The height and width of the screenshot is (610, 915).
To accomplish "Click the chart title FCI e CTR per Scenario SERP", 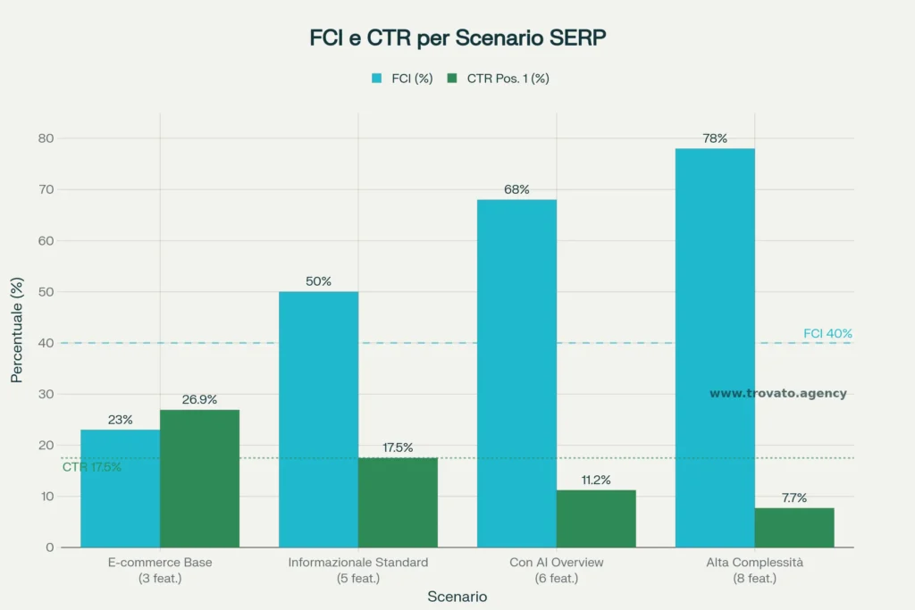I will pyautogui.click(x=457, y=38).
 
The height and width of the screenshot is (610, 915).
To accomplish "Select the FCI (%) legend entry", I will pyautogui.click(x=402, y=79).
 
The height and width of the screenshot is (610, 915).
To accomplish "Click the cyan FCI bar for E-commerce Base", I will pyautogui.click(x=120, y=489).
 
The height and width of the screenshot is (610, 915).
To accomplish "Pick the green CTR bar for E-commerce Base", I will pyautogui.click(x=199, y=479).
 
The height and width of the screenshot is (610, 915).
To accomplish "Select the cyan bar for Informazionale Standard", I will pyautogui.click(x=318, y=420).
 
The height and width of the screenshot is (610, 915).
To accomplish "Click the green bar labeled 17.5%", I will pyautogui.click(x=398, y=503).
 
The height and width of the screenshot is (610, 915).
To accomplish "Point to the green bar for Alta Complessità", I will pyautogui.click(x=794, y=528).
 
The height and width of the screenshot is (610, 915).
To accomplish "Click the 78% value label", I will pyautogui.click(x=715, y=138).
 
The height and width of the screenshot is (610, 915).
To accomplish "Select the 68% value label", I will pyautogui.click(x=516, y=189).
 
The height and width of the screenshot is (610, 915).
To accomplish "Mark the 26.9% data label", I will pyautogui.click(x=199, y=399).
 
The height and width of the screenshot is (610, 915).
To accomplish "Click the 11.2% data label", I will pyautogui.click(x=596, y=480).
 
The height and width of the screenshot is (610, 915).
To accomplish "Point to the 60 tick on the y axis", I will pyautogui.click(x=45, y=241).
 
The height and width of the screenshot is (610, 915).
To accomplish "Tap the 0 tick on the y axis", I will pyautogui.click(x=50, y=547).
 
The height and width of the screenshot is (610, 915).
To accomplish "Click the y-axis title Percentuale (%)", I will pyautogui.click(x=17, y=330).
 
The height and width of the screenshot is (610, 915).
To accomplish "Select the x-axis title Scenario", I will pyautogui.click(x=457, y=597).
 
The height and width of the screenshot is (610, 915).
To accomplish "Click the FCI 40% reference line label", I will pyautogui.click(x=827, y=333).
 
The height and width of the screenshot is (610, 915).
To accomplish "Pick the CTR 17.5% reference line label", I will pyautogui.click(x=91, y=467).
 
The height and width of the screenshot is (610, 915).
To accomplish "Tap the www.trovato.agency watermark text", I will pyautogui.click(x=777, y=393).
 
